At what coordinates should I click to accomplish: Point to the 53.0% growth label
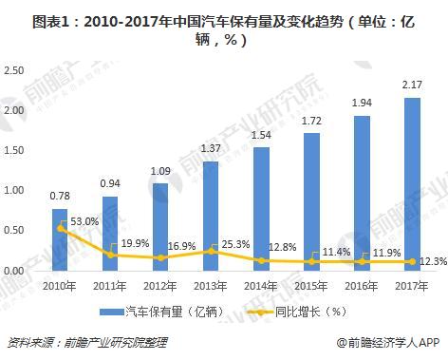[x=84, y=221]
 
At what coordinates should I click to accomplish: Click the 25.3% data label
[x=234, y=245]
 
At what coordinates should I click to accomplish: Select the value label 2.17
[x=412, y=85]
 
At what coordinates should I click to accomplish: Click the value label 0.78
[x=61, y=197]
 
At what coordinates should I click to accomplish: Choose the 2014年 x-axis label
[x=261, y=285]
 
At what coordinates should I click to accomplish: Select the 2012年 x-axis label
[x=160, y=285]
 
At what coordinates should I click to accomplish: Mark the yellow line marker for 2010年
[x=60, y=228]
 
